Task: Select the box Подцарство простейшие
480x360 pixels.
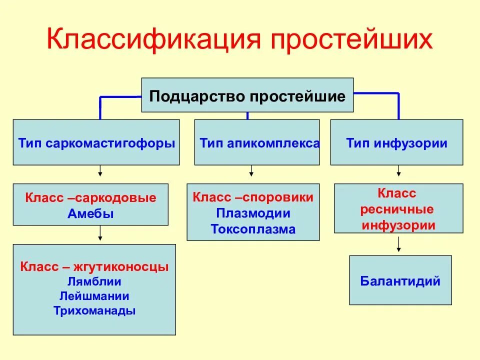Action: (x=247, y=95)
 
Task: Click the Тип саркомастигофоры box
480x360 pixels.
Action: (x=96, y=143)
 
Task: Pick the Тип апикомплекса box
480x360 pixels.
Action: (x=257, y=143)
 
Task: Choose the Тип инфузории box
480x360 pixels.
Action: (x=396, y=143)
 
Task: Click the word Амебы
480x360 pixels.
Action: (x=90, y=214)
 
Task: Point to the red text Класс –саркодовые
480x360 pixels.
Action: (x=90, y=198)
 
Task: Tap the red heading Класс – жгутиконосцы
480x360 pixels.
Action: (x=94, y=266)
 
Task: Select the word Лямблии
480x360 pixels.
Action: (x=94, y=281)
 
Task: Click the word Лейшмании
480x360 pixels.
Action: (x=94, y=295)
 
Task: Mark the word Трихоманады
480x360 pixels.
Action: (x=94, y=310)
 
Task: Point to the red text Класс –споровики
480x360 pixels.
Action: (x=253, y=197)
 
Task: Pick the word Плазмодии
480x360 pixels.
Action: (x=253, y=213)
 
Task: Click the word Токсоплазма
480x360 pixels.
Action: (x=253, y=229)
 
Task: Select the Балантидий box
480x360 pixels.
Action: (x=400, y=280)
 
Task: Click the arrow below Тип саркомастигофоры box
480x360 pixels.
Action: (x=100, y=171)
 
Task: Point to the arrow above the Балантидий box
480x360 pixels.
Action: (x=398, y=244)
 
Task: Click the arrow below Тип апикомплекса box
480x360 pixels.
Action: (x=251, y=171)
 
